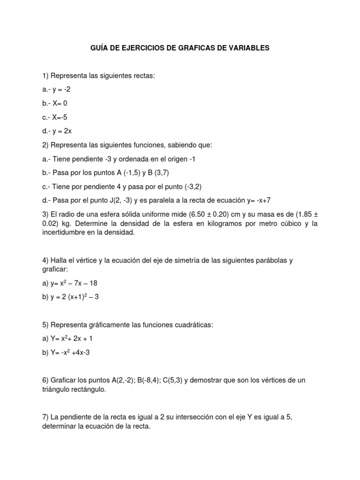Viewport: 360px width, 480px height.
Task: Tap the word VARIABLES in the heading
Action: click(246, 48)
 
